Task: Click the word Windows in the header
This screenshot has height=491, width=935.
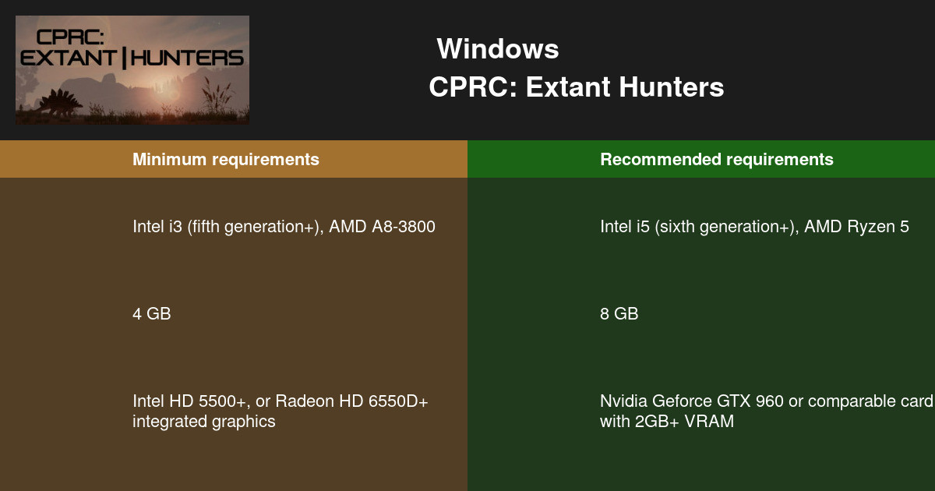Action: pyautogui.click(x=497, y=49)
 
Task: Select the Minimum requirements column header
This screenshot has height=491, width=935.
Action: pyautogui.click(x=225, y=160)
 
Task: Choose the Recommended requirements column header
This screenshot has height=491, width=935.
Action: pyautogui.click(x=716, y=160)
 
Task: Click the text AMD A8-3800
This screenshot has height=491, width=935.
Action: pyautogui.click(x=382, y=228)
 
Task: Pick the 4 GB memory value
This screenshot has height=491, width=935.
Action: pyautogui.click(x=151, y=314)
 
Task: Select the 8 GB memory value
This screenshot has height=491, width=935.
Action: pyautogui.click(x=619, y=314)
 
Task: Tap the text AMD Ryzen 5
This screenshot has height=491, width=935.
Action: pyautogui.click(x=856, y=228)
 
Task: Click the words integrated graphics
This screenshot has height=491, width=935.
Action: pyautogui.click(x=203, y=422)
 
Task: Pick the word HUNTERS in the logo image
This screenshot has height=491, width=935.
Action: pyautogui.click(x=188, y=58)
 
